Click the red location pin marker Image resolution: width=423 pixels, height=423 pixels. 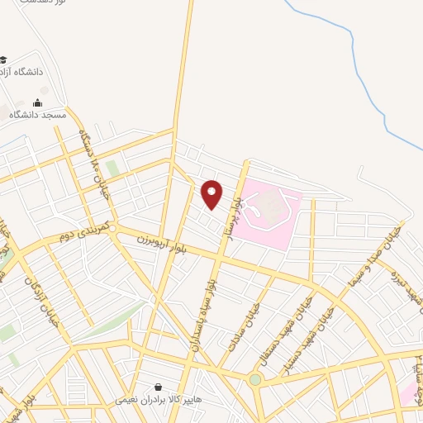(x=212, y=193)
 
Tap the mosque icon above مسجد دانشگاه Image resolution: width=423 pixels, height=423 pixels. (x=37, y=103)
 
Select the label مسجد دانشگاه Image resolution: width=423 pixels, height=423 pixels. (x=36, y=116)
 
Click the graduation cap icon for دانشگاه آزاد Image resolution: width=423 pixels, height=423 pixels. (x=3, y=59)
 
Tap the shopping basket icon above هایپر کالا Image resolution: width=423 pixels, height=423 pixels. (x=159, y=387)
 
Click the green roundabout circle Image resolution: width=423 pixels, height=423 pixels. (x=255, y=379)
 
